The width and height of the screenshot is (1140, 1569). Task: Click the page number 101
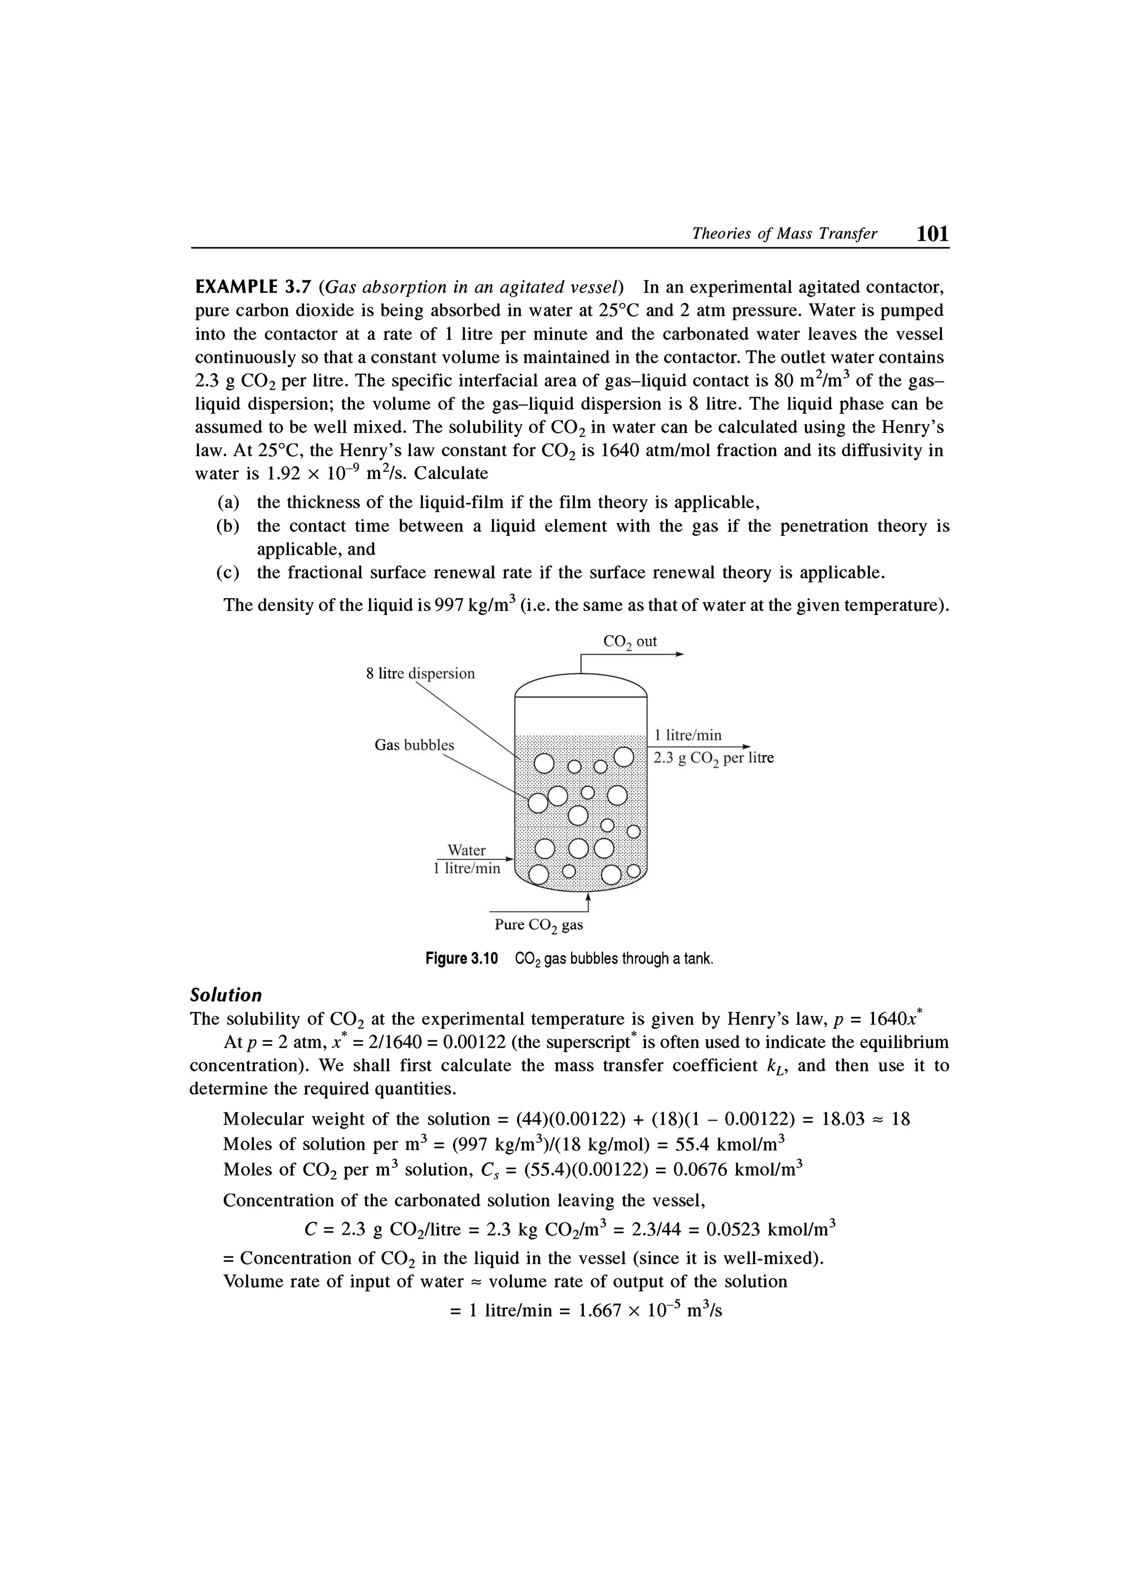932,234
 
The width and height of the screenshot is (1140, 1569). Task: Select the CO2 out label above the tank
630,641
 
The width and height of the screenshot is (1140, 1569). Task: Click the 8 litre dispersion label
420,673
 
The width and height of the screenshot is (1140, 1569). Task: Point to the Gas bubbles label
414,745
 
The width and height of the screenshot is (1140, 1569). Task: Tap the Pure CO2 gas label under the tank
538,925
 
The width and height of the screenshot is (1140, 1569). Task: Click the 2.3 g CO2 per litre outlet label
714,758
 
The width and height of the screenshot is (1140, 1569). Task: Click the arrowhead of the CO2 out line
680,654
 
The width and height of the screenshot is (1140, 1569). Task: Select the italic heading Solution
226,995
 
